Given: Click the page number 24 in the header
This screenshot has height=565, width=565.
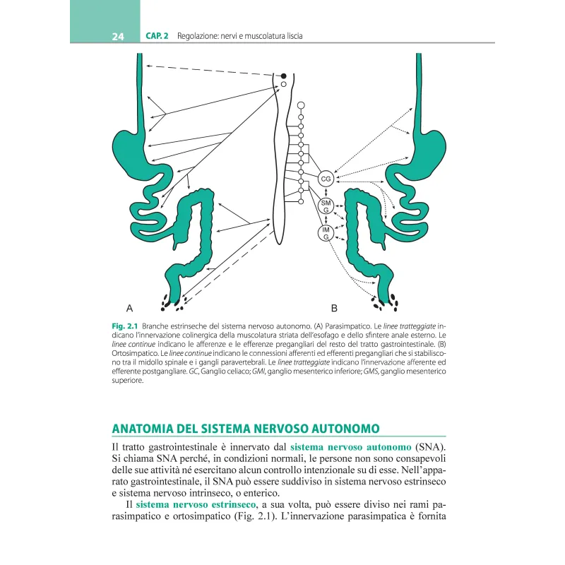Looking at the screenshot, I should (x=118, y=36).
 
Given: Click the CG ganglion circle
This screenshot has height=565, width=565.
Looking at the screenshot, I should (x=326, y=179).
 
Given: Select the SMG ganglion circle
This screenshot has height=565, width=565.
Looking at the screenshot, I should (x=326, y=206).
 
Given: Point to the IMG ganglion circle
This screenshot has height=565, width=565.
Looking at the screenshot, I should (x=326, y=233).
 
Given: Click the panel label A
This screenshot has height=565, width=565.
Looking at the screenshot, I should (x=129, y=308).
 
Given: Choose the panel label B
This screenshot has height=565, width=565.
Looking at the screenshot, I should (x=334, y=308).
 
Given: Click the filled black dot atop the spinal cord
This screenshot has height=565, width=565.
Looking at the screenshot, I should (x=284, y=76).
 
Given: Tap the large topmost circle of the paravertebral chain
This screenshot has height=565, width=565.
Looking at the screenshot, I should (x=302, y=105).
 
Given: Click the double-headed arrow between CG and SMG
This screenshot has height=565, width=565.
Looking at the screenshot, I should (x=326, y=193).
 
